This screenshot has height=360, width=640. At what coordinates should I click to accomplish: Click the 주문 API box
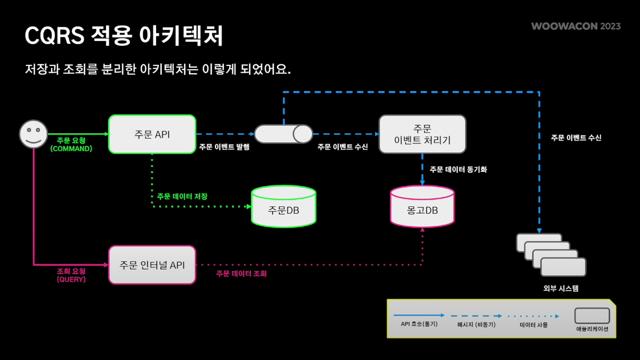coord(152,134)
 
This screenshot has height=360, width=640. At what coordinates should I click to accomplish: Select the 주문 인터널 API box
coord(152,265)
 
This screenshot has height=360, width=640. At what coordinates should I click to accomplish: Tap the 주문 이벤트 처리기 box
coord(422,134)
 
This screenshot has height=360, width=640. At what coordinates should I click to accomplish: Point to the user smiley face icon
coord(33,134)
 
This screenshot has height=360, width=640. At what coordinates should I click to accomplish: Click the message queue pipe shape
coord(284,134)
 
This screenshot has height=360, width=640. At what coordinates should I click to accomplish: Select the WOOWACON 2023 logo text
coord(576,26)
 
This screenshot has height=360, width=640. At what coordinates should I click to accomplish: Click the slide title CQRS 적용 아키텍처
coord(124,36)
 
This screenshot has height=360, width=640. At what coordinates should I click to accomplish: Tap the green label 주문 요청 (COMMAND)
coord(71,144)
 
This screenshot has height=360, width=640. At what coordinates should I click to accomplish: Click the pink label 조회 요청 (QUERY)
coord(71,275)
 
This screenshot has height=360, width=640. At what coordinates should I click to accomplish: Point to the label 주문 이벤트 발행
coord(224,147)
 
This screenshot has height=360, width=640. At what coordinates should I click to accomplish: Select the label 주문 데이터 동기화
coord(458,169)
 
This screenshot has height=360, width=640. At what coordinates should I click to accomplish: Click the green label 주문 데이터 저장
coord(182,196)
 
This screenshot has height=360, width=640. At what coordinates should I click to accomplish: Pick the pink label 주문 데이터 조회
coord(241,273)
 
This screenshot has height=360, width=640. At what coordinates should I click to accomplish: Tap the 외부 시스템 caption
coord(561,289)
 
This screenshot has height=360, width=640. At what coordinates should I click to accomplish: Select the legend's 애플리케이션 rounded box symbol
coord(592,316)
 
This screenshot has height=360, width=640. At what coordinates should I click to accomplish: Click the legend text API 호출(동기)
coord(419,324)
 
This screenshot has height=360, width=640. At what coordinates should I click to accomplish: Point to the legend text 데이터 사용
coord(534,325)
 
